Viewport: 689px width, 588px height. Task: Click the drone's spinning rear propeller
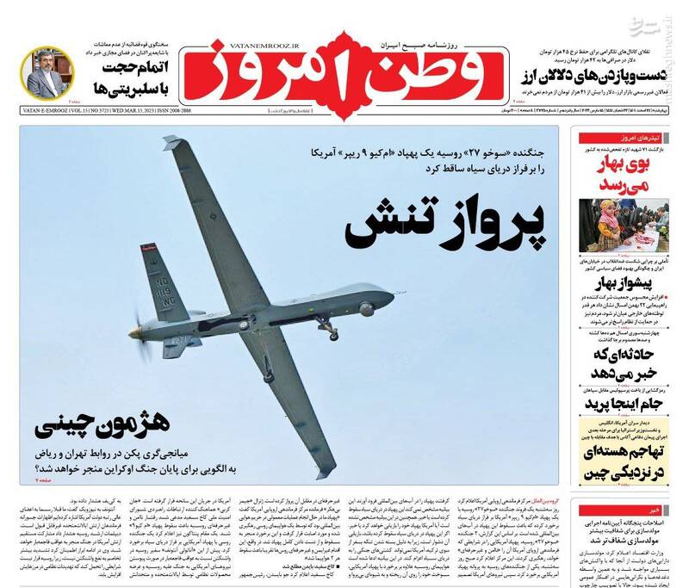135,330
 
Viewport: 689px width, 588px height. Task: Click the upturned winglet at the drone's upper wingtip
171,139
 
